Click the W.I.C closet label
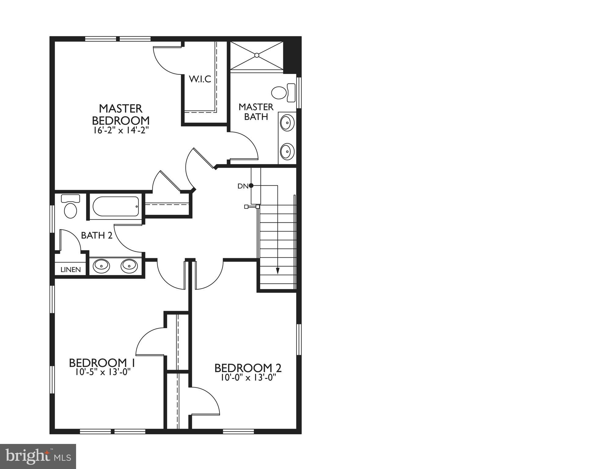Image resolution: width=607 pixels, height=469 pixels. tap(200, 79)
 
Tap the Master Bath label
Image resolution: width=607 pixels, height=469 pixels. tap(256, 112)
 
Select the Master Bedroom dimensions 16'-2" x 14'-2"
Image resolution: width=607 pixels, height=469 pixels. tap(121, 130)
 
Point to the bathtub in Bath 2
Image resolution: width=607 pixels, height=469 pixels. tap(116, 207)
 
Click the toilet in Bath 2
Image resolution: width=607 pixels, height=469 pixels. tap(71, 207)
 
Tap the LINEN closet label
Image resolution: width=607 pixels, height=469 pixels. tap(71, 269)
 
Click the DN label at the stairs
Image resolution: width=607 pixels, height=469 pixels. tap(243, 186)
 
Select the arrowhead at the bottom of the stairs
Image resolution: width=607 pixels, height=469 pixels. tap(277, 271)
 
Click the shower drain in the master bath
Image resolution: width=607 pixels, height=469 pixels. tap(257, 55)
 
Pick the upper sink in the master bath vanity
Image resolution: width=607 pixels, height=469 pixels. tap(287, 123)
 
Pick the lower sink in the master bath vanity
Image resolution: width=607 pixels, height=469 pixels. tap(287, 151)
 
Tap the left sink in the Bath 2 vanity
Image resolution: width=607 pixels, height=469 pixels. tap(101, 266)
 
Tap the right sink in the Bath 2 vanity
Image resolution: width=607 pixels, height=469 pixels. tap(130, 266)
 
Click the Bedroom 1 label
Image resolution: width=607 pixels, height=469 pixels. tap(102, 363)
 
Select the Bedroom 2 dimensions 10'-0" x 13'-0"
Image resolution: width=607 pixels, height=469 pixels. tap(248, 378)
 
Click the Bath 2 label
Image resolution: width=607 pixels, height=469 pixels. tap(97, 235)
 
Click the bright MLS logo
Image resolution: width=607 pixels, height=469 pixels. tap(38, 456)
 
